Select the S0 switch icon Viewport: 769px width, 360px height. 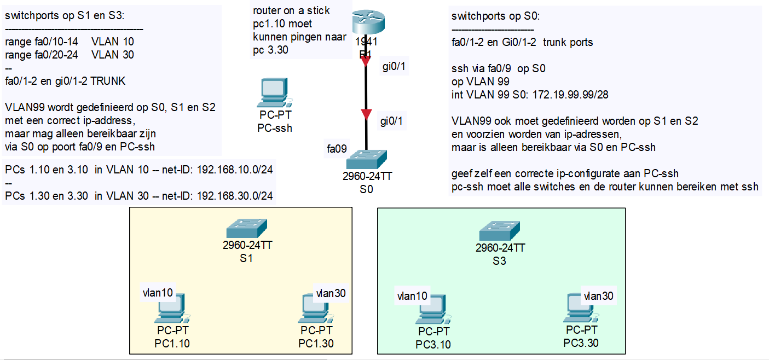pos(366,159)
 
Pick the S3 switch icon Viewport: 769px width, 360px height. pos(499,229)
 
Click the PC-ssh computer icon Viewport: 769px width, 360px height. pos(274,93)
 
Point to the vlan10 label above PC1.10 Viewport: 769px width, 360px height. pos(158,293)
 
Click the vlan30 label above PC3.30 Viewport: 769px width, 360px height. pos(598,296)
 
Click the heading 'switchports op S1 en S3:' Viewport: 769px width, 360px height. pos(65,15)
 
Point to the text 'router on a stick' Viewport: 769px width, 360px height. pos(291,11)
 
